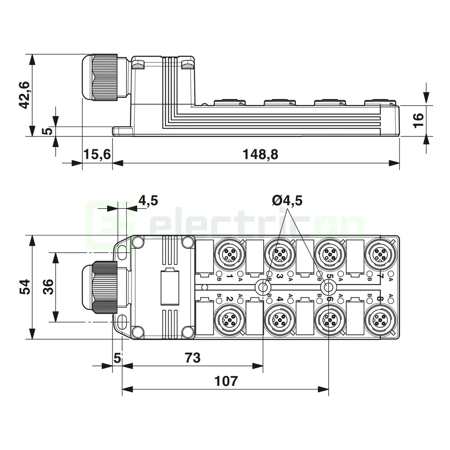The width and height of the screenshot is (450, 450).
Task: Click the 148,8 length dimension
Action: pos(260,155)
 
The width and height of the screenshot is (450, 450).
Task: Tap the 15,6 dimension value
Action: pos(97,155)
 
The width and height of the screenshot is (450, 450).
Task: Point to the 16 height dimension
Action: pos(419,120)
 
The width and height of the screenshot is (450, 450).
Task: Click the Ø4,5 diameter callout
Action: pos(287,201)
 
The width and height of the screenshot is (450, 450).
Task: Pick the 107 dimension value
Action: pos(226,381)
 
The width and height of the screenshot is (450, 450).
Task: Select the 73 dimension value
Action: pos(193,358)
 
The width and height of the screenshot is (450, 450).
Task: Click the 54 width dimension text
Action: pos(25,287)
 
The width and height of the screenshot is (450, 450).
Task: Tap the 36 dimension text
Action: pos(48,287)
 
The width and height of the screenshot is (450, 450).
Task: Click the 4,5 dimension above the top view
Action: pos(148,201)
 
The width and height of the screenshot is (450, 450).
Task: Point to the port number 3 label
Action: pos(279,276)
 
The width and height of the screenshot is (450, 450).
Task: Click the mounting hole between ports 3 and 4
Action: pos(263,287)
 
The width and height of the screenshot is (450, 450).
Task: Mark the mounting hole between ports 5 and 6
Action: pos(328,287)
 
